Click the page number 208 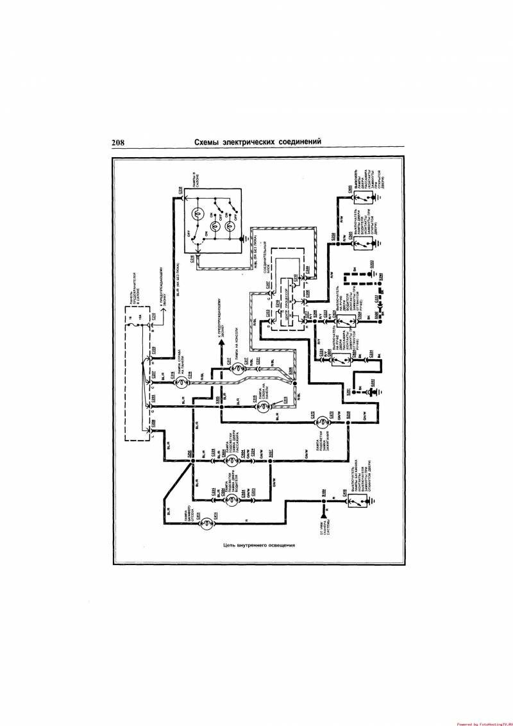pos(117,142)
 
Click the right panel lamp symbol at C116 pos(181,383)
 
